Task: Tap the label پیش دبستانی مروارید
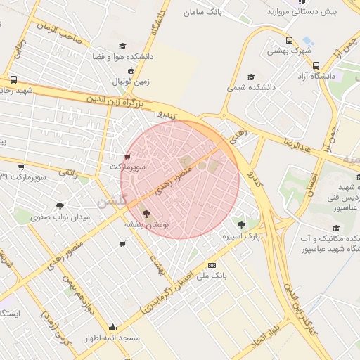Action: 307,12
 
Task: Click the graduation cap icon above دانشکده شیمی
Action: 251,77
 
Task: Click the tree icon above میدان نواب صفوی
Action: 60,207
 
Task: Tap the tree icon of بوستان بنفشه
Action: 146,214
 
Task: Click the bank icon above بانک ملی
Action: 212,265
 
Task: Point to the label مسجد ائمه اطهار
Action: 113,338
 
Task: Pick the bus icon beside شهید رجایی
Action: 14,79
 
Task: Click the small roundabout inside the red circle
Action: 202,165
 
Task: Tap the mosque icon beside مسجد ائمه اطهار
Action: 113,328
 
